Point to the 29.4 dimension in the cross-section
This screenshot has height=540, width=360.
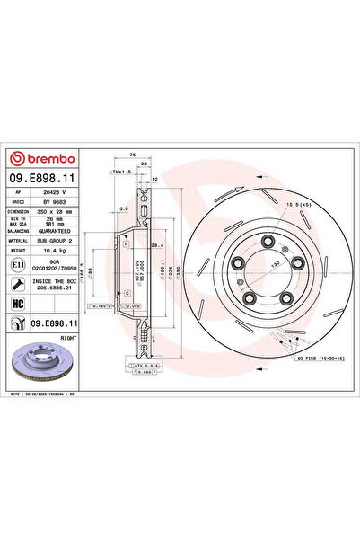[x=155, y=245]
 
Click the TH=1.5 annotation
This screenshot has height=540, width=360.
[x=119, y=170]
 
